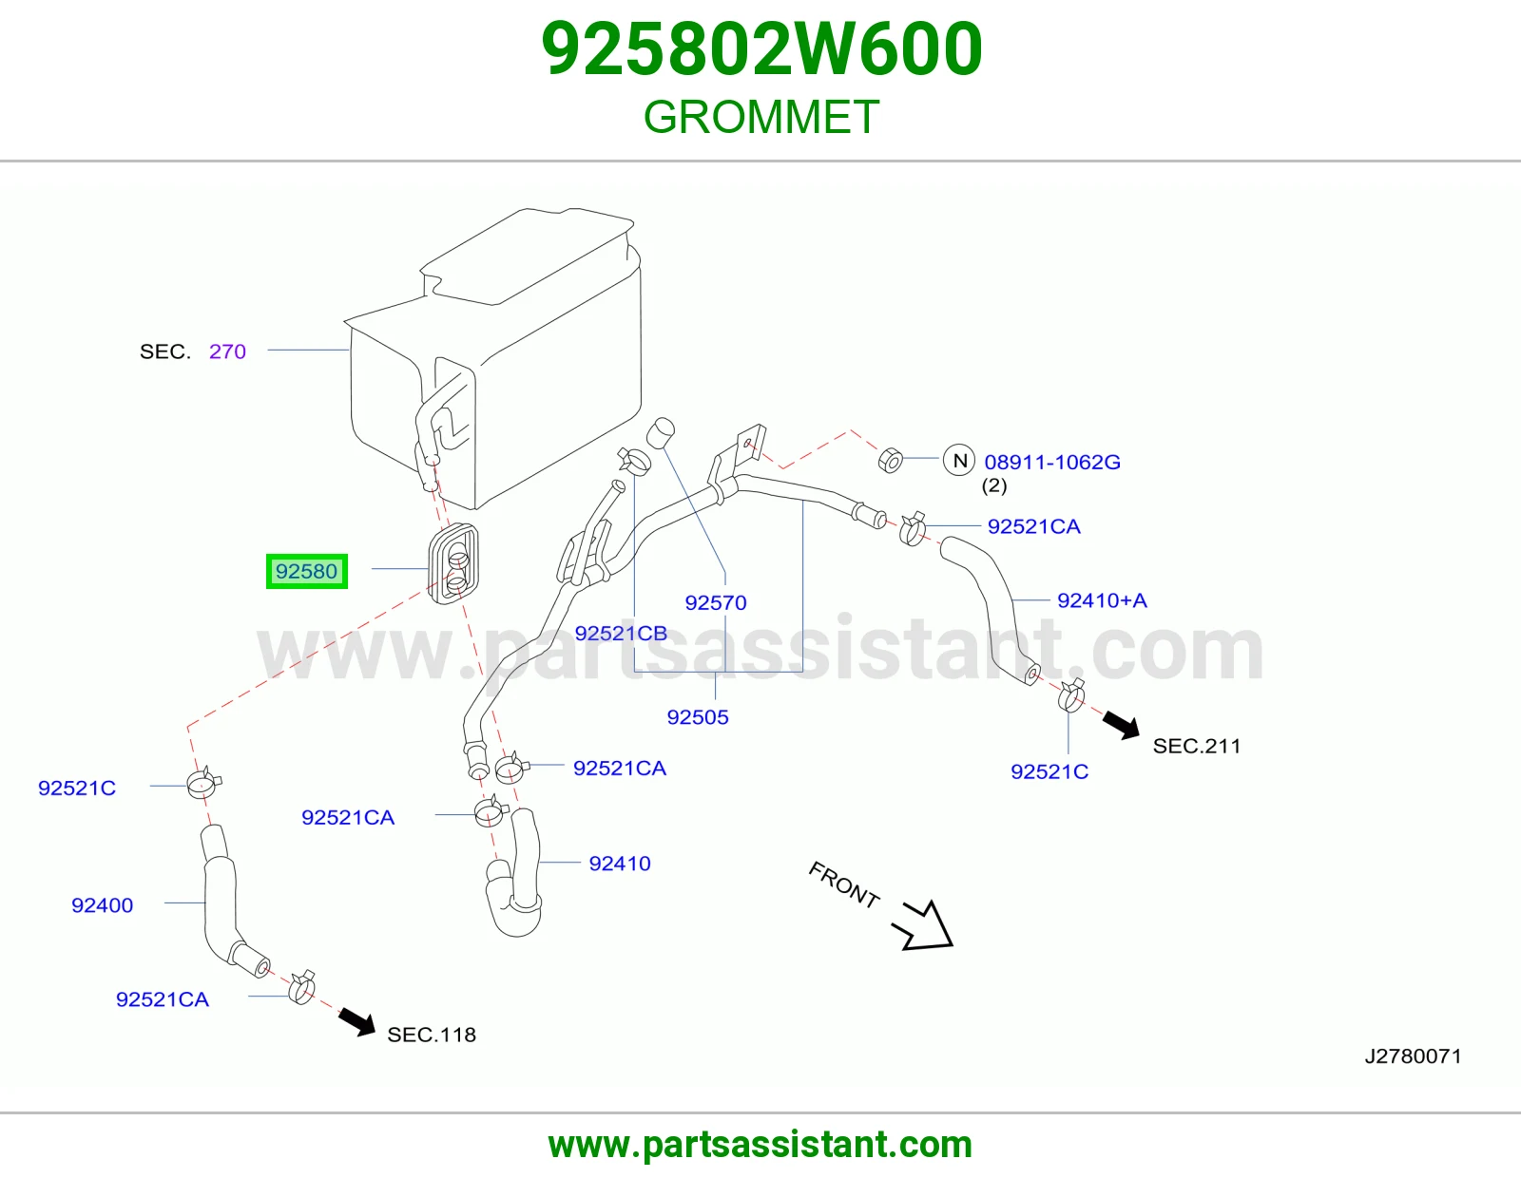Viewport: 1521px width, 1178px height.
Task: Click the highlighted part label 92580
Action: (307, 571)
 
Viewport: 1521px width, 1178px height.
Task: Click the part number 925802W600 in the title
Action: (761, 48)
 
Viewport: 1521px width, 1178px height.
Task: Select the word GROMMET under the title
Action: (760, 117)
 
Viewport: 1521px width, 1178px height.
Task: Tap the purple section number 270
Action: (227, 351)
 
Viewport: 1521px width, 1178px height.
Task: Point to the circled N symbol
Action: (959, 461)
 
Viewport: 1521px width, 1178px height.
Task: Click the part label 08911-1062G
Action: (1052, 462)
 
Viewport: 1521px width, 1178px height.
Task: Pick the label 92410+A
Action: (1102, 600)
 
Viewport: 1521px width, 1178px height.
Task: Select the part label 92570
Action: (716, 602)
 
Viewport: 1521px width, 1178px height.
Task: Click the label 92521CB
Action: (621, 633)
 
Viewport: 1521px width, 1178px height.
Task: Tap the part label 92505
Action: (698, 717)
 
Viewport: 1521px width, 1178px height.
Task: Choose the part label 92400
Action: (103, 905)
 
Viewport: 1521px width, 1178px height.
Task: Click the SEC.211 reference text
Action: (1196, 746)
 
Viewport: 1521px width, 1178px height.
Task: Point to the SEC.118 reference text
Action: (432, 1035)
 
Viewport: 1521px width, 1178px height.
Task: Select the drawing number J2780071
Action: (1414, 1056)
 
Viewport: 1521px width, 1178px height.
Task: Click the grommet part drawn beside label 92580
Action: (453, 563)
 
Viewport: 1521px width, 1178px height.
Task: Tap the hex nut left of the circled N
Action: (891, 461)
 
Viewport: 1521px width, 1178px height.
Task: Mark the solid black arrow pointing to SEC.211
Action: (1122, 725)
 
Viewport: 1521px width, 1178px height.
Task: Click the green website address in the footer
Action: (760, 1145)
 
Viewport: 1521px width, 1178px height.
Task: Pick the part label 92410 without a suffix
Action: (620, 864)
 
